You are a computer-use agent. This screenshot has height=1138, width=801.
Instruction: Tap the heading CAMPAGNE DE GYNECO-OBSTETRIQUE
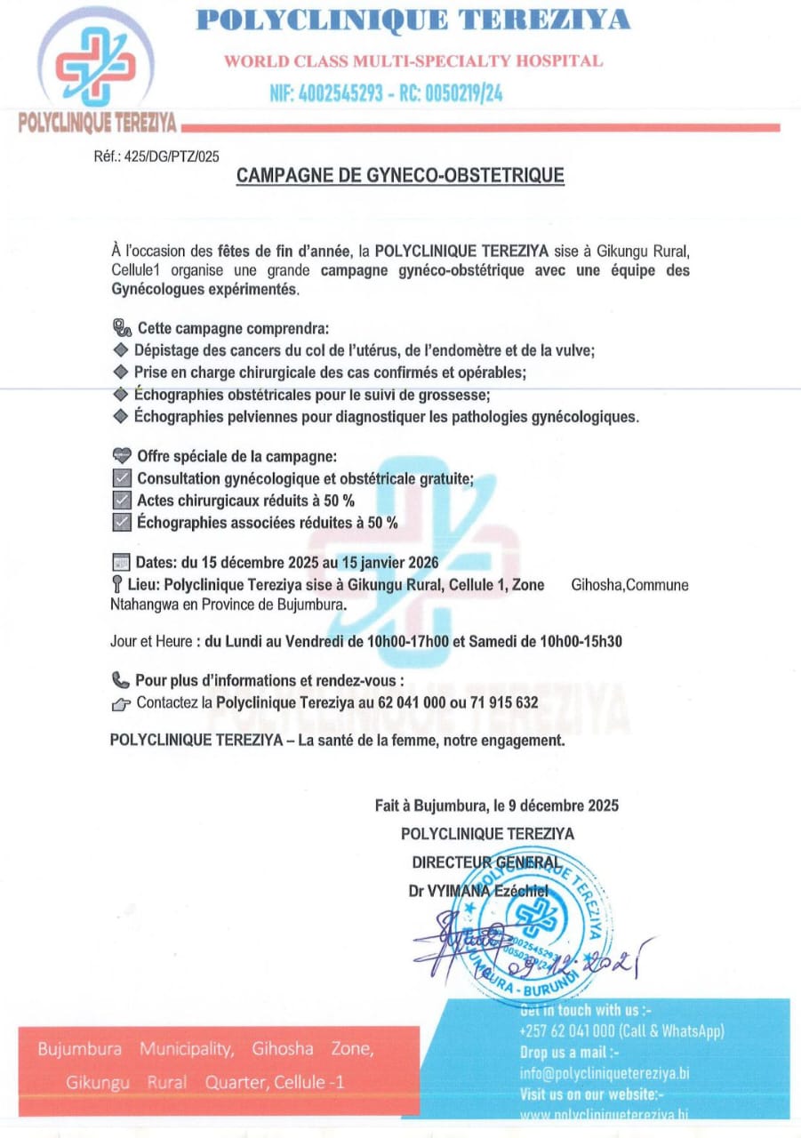pyautogui.click(x=400, y=176)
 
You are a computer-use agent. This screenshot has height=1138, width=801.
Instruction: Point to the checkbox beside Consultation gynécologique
pyautogui.click(x=123, y=479)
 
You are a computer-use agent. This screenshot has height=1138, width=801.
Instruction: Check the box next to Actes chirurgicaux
pyautogui.click(x=123, y=501)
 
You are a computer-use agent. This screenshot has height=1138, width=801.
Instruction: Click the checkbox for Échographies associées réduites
pyautogui.click(x=123, y=523)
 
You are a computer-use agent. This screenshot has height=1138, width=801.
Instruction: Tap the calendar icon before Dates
pyautogui.click(x=122, y=562)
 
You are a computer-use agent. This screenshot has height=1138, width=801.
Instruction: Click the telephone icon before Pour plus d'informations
pyautogui.click(x=121, y=680)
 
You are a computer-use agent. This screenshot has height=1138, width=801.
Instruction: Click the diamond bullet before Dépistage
pyautogui.click(x=122, y=350)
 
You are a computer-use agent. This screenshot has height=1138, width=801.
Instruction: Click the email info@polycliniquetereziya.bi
pyautogui.click(x=605, y=1073)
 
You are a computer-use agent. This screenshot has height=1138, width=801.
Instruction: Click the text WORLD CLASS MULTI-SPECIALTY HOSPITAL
pyautogui.click(x=413, y=61)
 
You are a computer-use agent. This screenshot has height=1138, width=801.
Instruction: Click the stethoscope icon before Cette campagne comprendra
pyautogui.click(x=121, y=328)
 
